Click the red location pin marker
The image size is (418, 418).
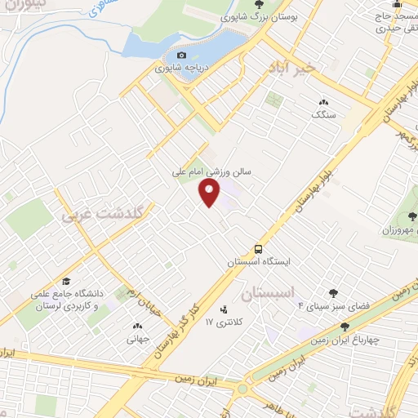click(x=210, y=193)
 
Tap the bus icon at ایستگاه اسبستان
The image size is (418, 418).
click(x=258, y=248)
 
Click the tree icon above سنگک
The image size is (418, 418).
click(x=322, y=102)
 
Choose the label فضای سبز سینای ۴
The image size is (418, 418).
click(x=333, y=306)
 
